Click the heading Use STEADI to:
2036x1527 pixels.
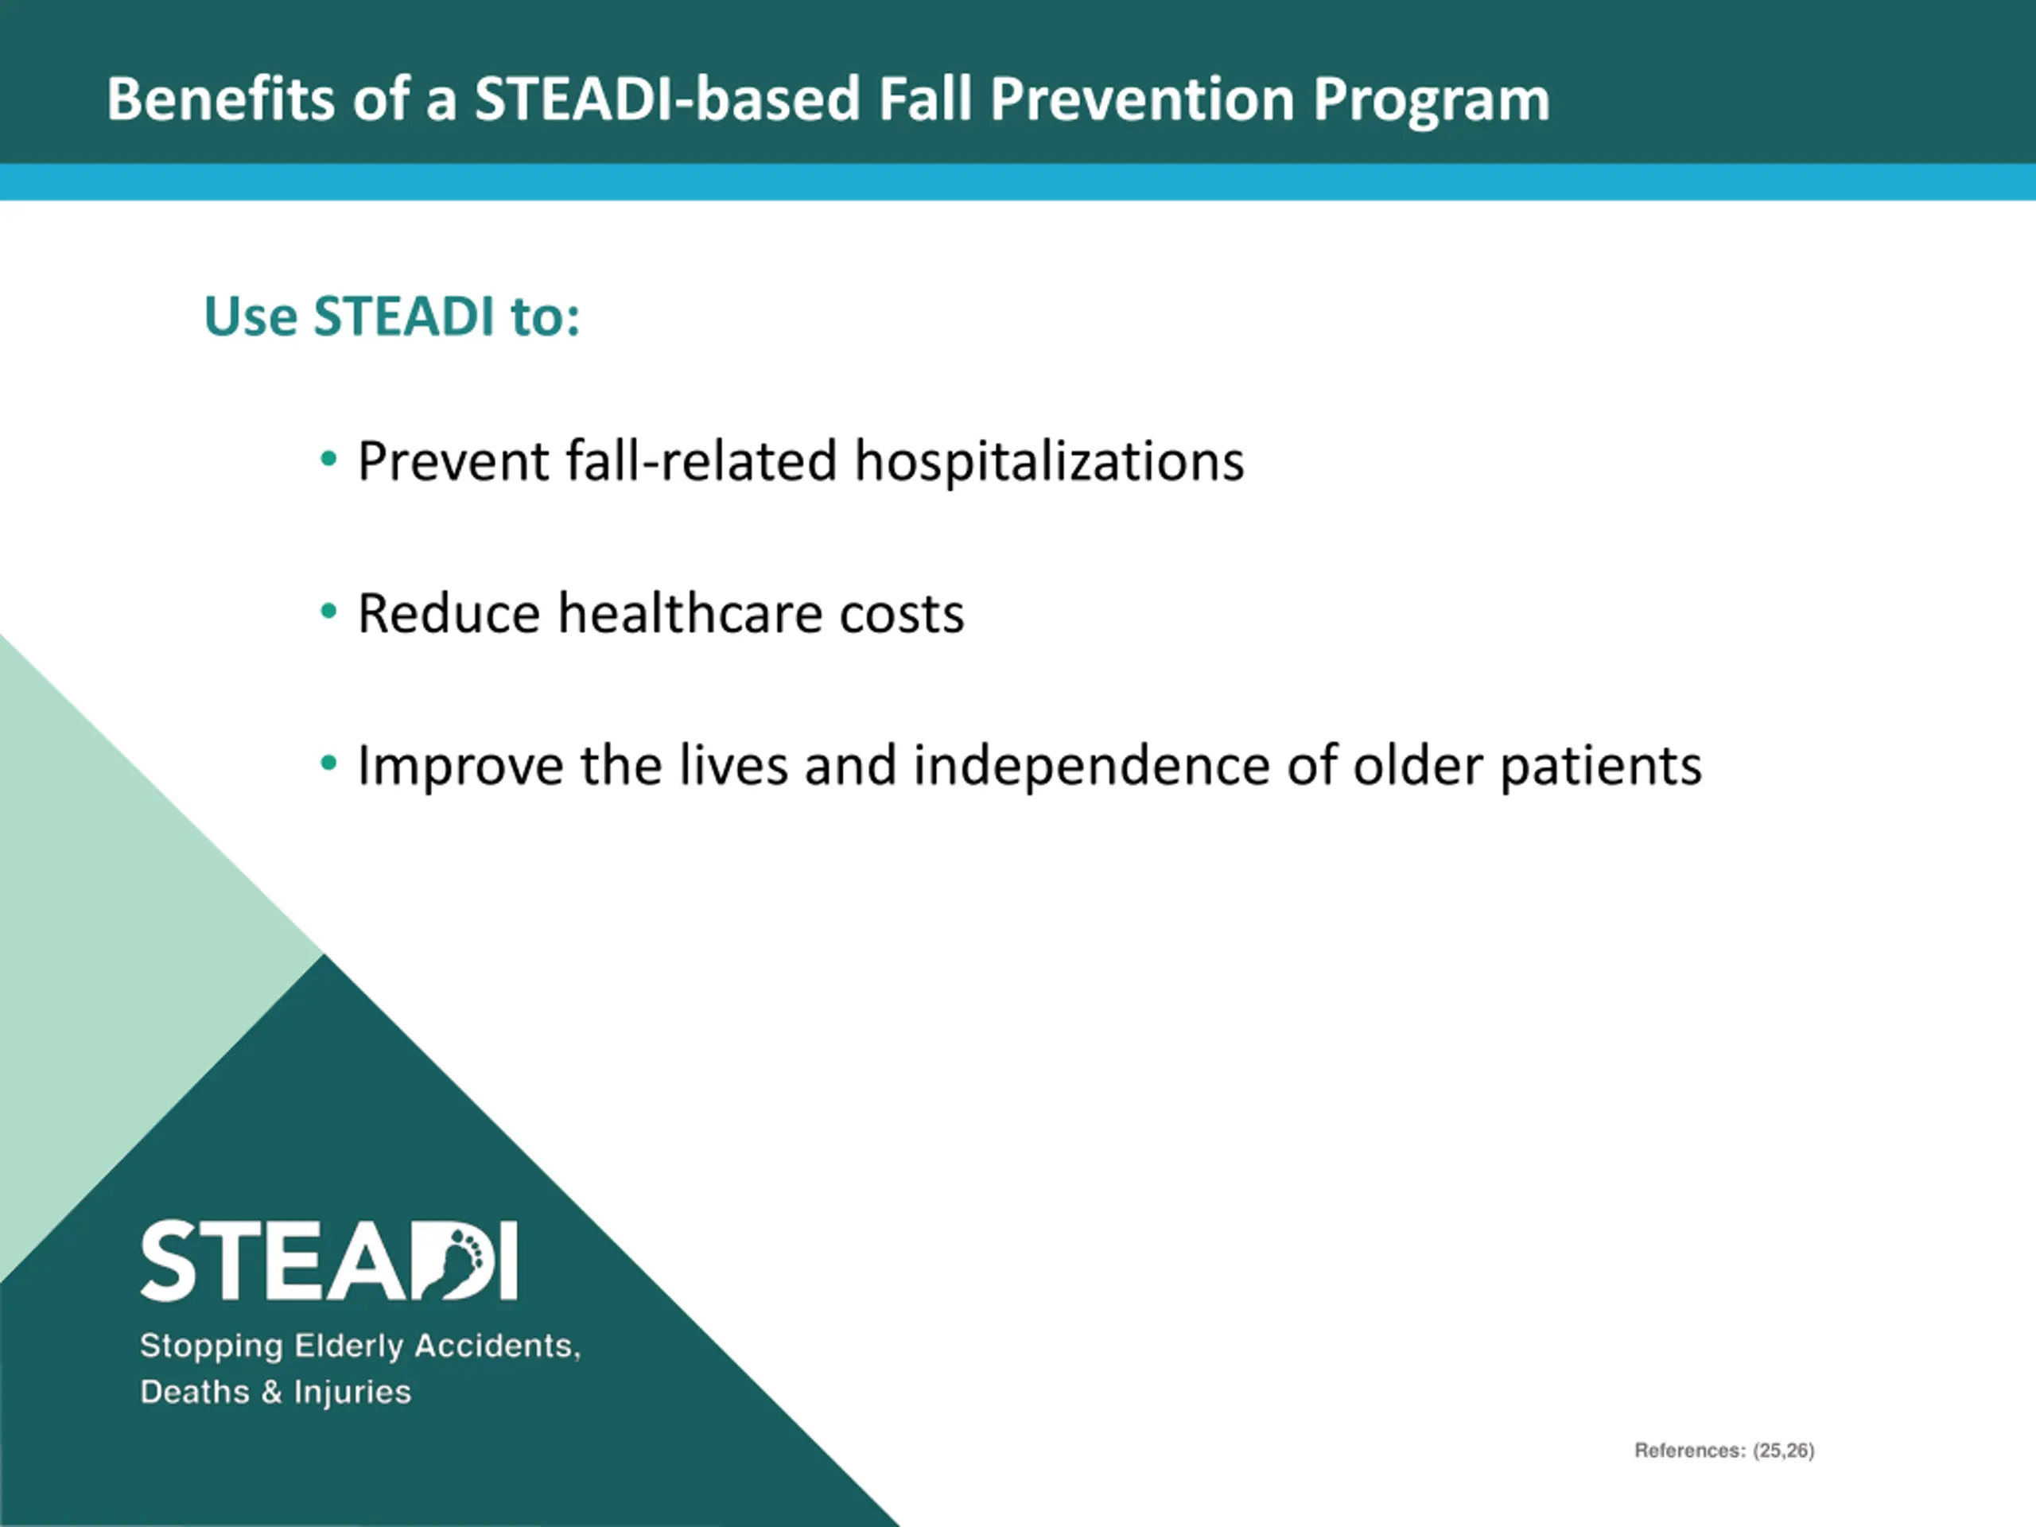click(392, 316)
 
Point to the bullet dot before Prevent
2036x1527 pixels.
click(328, 457)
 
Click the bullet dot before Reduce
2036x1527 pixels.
click(328, 610)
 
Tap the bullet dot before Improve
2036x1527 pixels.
click(328, 762)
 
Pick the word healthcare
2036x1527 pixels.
click(690, 613)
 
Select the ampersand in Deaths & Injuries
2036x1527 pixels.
click(271, 1391)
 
